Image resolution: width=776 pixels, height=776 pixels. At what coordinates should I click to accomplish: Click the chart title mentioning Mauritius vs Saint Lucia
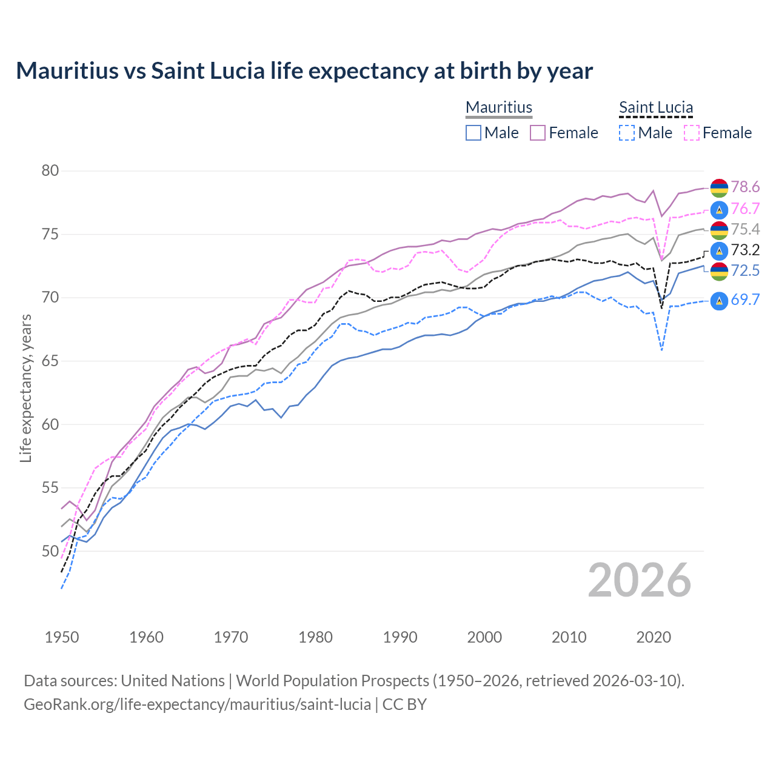(x=304, y=71)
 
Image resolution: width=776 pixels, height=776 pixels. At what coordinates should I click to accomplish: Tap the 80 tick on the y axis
(x=50, y=171)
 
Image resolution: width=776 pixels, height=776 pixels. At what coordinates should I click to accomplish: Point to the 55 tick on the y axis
(x=50, y=488)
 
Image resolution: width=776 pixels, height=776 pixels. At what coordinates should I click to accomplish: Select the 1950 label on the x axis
(x=62, y=637)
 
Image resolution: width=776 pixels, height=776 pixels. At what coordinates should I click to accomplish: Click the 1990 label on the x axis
(x=400, y=637)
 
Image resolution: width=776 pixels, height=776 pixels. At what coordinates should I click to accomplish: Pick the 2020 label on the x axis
(x=654, y=637)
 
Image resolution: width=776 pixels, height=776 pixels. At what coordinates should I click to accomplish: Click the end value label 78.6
(x=745, y=187)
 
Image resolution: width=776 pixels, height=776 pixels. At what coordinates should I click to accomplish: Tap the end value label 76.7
(x=745, y=209)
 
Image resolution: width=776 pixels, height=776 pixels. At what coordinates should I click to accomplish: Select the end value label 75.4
(x=745, y=230)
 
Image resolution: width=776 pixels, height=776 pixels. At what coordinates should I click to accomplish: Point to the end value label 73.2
(x=745, y=250)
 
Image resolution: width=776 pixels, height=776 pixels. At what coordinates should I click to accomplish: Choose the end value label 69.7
(x=745, y=300)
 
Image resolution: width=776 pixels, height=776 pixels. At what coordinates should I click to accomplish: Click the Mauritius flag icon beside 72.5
(x=719, y=271)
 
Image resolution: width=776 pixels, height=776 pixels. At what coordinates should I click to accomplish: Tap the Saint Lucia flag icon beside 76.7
(x=719, y=210)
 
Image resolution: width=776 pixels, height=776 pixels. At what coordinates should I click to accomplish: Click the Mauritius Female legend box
(x=538, y=133)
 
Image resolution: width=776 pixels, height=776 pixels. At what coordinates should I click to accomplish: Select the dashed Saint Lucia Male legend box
(x=627, y=133)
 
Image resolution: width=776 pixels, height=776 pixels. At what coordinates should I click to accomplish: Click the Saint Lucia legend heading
(x=656, y=108)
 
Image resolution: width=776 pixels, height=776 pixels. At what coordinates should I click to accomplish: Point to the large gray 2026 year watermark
(x=640, y=581)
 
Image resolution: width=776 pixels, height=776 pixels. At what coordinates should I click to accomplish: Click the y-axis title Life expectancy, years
(x=25, y=388)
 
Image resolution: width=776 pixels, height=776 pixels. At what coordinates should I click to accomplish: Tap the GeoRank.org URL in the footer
(x=197, y=704)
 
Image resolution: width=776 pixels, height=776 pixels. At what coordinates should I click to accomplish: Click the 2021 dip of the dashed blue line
(x=661, y=350)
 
